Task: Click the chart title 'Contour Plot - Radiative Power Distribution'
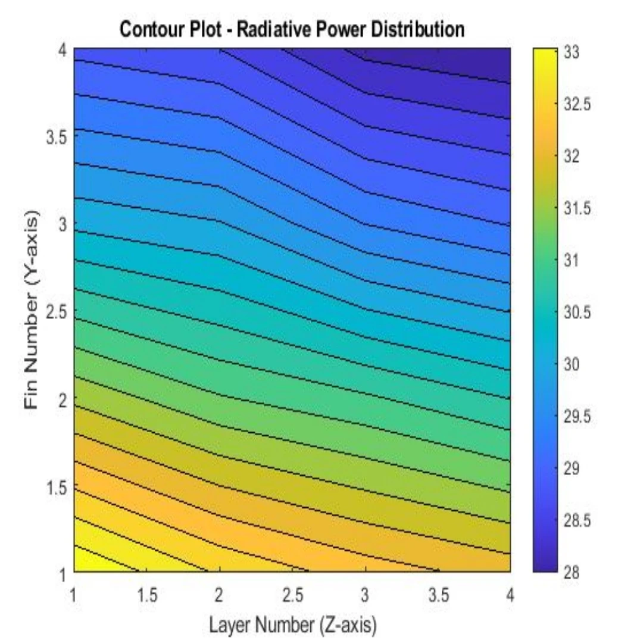coord(292,29)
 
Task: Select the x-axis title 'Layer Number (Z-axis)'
coord(292,625)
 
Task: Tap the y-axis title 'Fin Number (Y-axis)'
coord(33,310)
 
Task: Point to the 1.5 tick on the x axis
coord(146,595)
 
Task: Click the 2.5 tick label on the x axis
coord(292,595)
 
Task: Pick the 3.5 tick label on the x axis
coord(438,595)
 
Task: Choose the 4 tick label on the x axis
coord(510,595)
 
